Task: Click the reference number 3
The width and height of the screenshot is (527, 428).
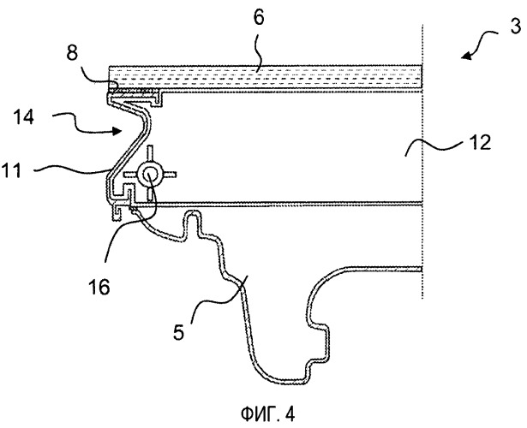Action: (x=513, y=25)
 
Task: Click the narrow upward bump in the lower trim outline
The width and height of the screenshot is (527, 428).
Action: (x=196, y=224)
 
